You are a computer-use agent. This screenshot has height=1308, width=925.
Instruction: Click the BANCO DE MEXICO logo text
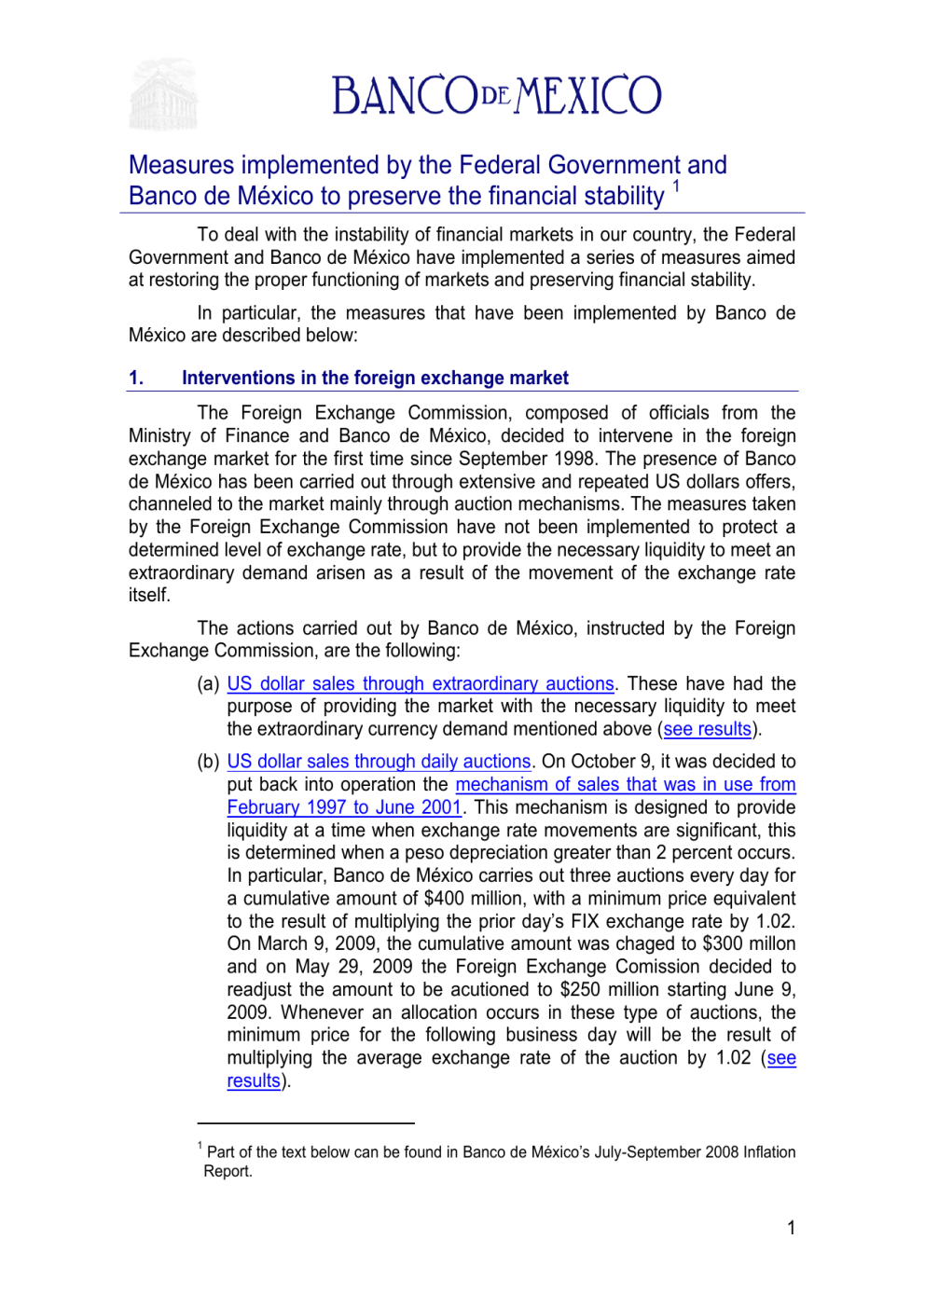click(x=496, y=95)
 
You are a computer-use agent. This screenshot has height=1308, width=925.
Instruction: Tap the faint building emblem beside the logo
click(x=163, y=95)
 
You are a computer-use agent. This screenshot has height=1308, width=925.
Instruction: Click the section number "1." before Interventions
click(x=136, y=378)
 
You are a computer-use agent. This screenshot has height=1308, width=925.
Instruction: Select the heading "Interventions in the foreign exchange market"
click(x=375, y=378)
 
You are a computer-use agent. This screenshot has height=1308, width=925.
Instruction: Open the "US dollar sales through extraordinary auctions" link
click(x=421, y=683)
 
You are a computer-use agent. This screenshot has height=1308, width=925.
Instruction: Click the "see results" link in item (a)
click(x=707, y=729)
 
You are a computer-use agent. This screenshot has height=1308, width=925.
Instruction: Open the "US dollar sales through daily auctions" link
click(x=379, y=762)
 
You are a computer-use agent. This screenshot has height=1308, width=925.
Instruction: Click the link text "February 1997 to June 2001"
click(x=344, y=807)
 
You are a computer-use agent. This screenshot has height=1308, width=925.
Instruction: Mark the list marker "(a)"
click(x=208, y=683)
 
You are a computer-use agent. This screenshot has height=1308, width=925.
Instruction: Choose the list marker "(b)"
click(x=208, y=762)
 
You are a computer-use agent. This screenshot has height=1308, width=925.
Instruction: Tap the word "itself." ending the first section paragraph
click(x=149, y=595)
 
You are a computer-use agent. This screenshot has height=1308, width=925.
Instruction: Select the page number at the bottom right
click(x=791, y=1228)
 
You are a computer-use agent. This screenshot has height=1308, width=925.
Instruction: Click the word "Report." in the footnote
click(x=228, y=1171)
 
